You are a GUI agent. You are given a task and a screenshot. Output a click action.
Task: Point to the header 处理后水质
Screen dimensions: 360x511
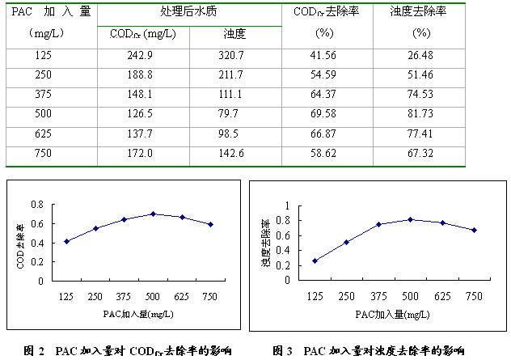point(189,13)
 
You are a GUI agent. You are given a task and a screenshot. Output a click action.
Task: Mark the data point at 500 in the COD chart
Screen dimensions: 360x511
point(154,214)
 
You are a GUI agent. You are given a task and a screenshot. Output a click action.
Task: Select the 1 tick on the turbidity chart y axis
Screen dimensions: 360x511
point(285,205)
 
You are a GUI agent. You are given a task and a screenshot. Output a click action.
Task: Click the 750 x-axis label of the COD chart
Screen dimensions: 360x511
point(211,297)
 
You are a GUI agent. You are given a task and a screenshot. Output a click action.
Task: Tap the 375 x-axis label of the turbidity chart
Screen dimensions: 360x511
point(378,297)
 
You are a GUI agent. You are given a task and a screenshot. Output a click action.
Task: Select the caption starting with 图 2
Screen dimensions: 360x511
point(128,351)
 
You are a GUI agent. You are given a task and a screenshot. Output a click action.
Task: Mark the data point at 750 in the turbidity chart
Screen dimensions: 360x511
point(475,230)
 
